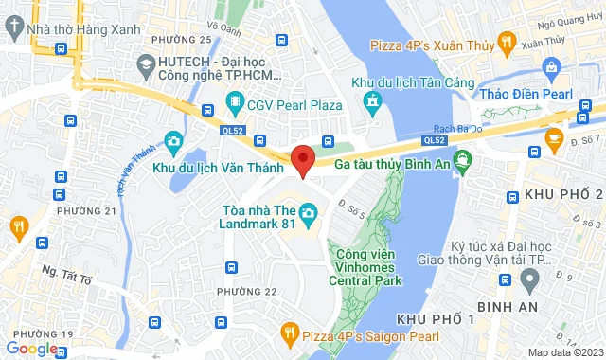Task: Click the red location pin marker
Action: pos(302,161)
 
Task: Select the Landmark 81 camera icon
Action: pos(308,218)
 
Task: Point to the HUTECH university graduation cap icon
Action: pos(146,63)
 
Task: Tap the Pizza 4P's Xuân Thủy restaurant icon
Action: pos(507,43)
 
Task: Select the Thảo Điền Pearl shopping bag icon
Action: pos(551,66)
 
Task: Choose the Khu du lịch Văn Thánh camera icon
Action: pos(172,143)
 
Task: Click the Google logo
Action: pos(30,349)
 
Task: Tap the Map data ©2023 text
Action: pos(564,353)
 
